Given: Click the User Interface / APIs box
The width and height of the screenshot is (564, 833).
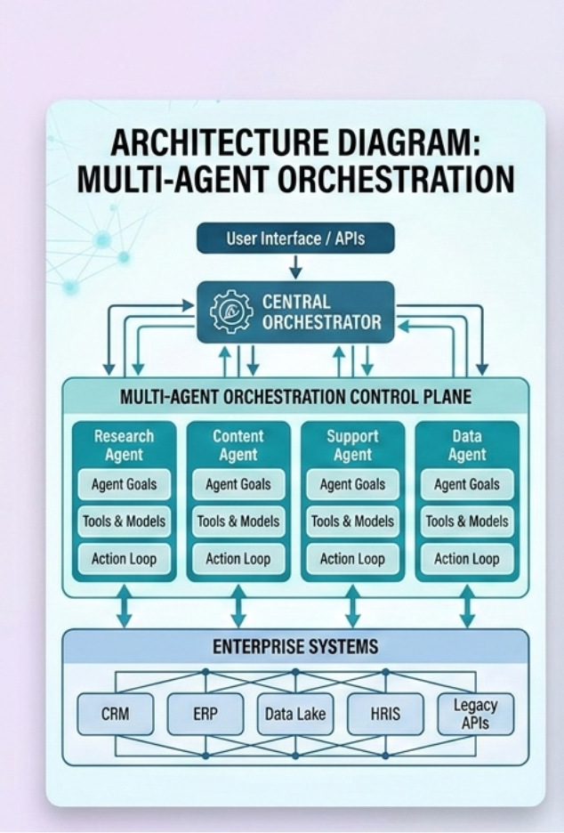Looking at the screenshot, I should [294, 239].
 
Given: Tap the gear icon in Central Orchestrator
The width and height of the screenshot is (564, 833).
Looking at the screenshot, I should [231, 311].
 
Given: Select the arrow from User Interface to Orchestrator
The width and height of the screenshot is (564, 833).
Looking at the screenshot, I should [295, 267].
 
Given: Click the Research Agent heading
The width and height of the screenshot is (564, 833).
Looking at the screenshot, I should [125, 445].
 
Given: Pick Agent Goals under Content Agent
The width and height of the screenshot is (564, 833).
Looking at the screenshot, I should [238, 485].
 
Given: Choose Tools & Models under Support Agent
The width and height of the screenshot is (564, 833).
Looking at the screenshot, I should [352, 522].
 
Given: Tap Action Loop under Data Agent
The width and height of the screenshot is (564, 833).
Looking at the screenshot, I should [467, 559].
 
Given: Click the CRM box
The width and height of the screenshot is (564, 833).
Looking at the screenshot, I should [116, 714].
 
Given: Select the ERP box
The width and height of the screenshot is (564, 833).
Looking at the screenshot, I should [205, 714].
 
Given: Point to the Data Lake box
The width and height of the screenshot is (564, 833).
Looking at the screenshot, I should [295, 714].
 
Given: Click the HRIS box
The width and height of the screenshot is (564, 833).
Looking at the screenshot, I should [386, 714].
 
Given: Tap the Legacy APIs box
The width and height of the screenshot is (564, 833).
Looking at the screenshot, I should [476, 714].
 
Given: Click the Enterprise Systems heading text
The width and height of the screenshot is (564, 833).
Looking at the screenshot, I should [294, 646].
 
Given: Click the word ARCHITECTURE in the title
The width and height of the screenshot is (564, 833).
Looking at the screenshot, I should [227, 143].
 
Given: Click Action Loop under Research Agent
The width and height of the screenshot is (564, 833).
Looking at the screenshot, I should [125, 559].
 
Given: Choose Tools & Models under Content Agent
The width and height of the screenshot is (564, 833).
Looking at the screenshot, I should [238, 522].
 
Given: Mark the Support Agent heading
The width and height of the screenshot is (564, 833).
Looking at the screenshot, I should [352, 445].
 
